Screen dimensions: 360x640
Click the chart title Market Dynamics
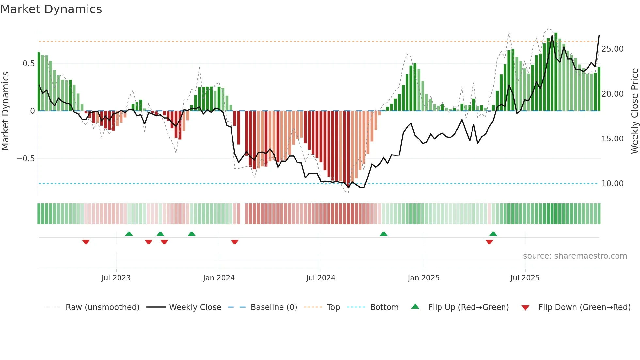click(51, 9)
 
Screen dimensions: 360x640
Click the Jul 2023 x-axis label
click(116, 278)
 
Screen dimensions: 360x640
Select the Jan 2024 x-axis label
click(219, 278)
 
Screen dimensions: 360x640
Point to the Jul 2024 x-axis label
click(321, 278)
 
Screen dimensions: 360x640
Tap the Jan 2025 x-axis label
click(424, 278)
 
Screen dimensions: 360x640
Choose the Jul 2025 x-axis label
click(525, 278)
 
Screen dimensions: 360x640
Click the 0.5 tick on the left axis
click(28, 64)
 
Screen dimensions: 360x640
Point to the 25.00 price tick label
click(613, 49)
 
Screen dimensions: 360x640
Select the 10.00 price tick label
click(613, 184)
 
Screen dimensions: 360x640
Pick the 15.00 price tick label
click(613, 139)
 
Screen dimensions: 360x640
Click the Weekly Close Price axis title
click(634, 111)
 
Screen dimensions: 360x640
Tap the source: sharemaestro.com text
click(575, 256)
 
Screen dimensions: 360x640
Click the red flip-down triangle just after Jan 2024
click(235, 242)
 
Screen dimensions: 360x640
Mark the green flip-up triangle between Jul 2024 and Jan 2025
click(384, 234)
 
